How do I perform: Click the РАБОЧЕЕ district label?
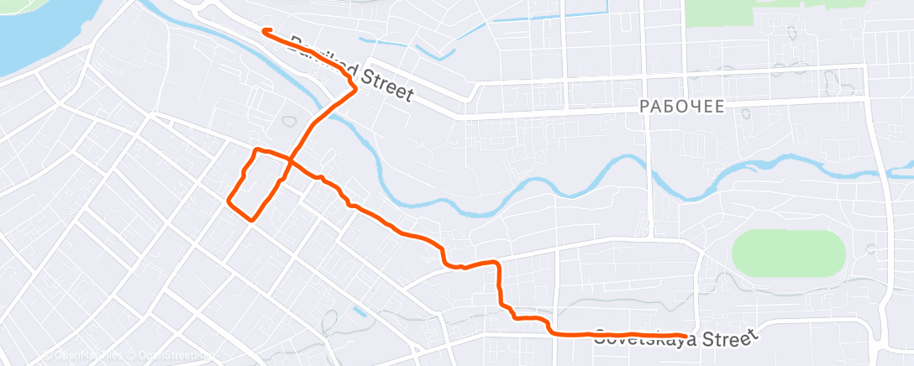tap(681, 106)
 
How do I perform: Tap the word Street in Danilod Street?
tap(388, 86)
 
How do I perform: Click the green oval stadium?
tap(788, 254)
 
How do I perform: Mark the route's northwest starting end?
tap(265, 31)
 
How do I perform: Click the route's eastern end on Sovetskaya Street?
tap(696, 335)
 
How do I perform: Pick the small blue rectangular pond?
tap(360, 311)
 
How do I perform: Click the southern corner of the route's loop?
tap(251, 219)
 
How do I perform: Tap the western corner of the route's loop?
tap(228, 200)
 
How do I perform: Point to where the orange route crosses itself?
tap(291, 159)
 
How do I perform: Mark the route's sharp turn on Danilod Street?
tap(356, 87)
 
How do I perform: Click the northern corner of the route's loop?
tap(256, 149)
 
